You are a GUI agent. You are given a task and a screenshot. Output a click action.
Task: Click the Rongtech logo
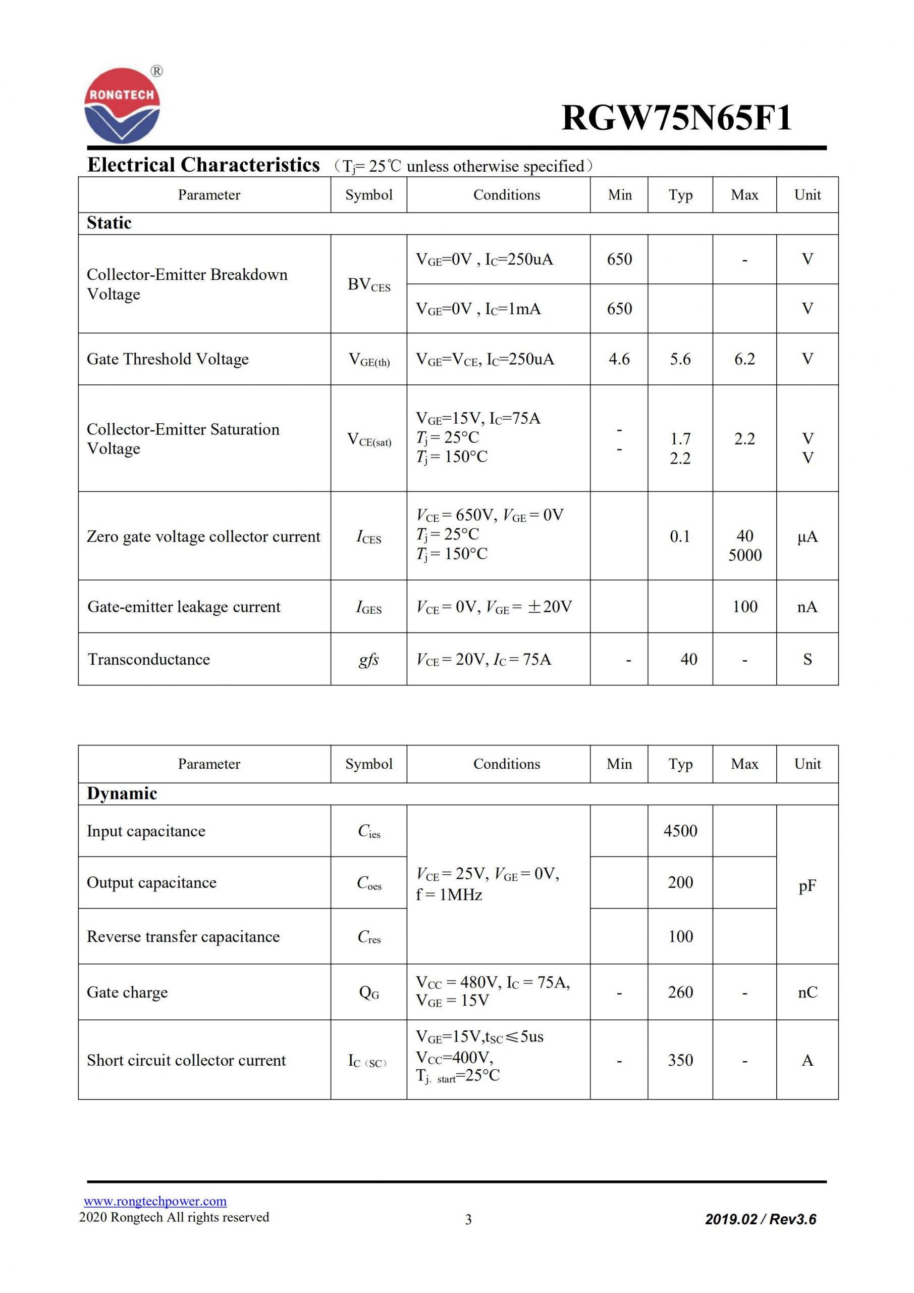pos(122,106)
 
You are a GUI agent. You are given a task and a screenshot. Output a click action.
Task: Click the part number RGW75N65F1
pos(676,118)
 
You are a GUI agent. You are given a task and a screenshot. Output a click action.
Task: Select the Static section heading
pos(109,223)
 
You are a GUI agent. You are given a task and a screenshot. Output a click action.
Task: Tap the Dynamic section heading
pos(122,793)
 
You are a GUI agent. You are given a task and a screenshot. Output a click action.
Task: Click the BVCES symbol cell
pos(368,284)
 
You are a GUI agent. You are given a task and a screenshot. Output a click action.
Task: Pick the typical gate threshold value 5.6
pos(680,359)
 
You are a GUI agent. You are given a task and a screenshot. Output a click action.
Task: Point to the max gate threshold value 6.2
pos(744,359)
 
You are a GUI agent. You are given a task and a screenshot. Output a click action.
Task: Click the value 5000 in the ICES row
pos(744,555)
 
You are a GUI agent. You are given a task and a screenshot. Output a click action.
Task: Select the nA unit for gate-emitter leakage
pos(807,607)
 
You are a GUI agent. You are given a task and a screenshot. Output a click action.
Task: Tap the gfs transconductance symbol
pos(368,659)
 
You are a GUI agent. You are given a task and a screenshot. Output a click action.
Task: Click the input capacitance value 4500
pos(680,831)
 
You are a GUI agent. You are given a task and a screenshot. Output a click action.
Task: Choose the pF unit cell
pos(807,886)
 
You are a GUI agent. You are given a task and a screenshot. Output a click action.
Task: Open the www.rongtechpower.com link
pos(155,1201)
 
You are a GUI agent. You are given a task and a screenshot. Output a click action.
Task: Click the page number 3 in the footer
pos(468,1220)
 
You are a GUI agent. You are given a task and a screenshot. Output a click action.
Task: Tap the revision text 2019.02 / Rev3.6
pos(761,1219)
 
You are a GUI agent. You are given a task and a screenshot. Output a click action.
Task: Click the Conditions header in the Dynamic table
pos(507,764)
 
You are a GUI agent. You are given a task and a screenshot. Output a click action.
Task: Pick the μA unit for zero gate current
pos(807,537)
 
